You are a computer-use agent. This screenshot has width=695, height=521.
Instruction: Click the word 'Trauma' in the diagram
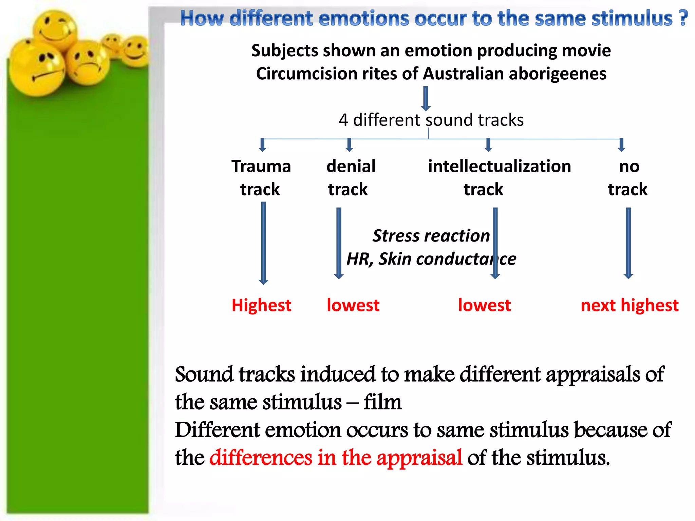pyautogui.click(x=261, y=167)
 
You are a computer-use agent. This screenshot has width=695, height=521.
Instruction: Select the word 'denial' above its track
pyautogui.click(x=351, y=167)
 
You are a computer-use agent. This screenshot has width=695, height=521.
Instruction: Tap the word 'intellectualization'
pyautogui.click(x=499, y=167)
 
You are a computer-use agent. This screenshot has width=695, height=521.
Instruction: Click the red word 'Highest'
pyautogui.click(x=261, y=305)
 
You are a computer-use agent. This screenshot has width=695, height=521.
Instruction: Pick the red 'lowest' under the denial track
pyautogui.click(x=353, y=305)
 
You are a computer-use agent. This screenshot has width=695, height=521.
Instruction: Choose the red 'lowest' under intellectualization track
pyautogui.click(x=484, y=305)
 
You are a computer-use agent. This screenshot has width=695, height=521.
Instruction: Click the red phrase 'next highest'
pyautogui.click(x=630, y=305)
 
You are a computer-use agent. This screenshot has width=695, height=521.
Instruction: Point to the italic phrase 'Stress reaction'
pyautogui.click(x=431, y=236)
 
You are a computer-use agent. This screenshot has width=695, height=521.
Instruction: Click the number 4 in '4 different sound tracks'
pyautogui.click(x=343, y=120)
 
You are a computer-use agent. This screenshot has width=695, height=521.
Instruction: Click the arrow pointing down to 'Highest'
pyautogui.click(x=263, y=243)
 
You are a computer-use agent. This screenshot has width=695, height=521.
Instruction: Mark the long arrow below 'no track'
pyautogui.click(x=628, y=243)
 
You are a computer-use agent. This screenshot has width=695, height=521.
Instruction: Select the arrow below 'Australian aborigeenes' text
pyautogui.click(x=426, y=98)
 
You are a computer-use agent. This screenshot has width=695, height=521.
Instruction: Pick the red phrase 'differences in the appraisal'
pyautogui.click(x=336, y=457)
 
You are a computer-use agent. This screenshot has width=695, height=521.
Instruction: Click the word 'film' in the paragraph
pyautogui.click(x=382, y=402)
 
